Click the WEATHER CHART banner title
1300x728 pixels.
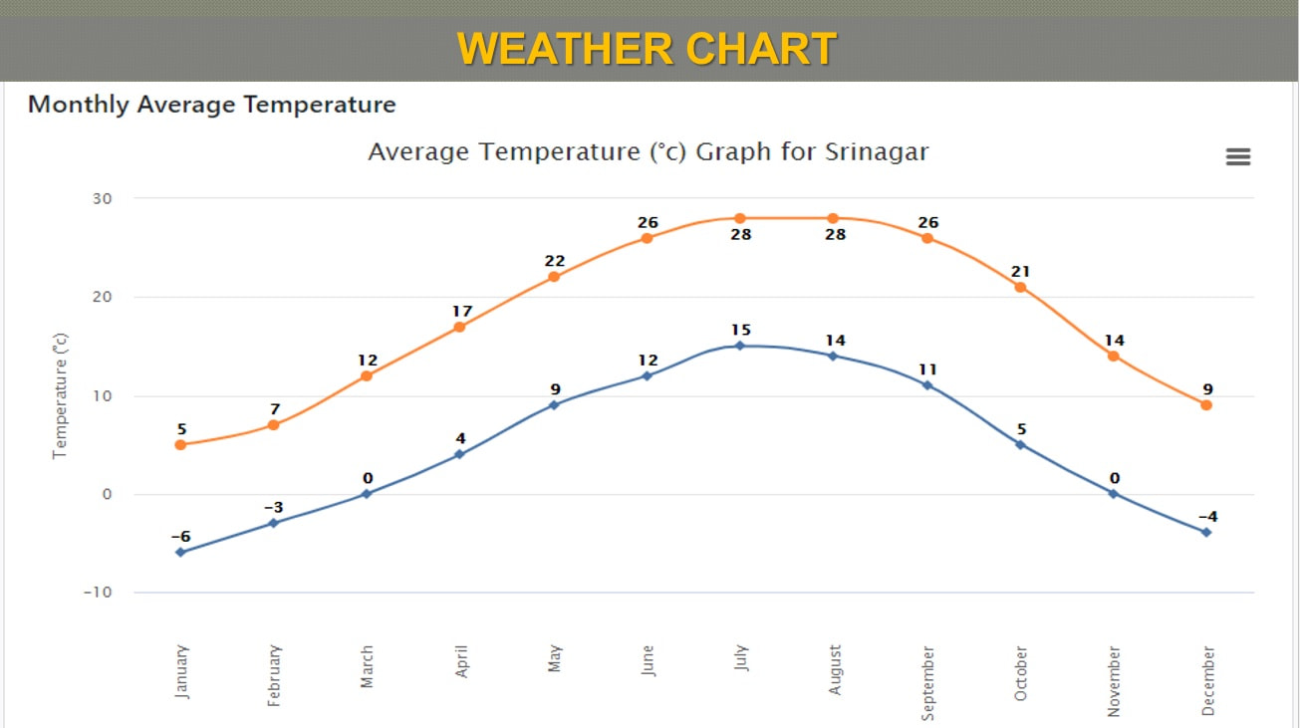coord(648,49)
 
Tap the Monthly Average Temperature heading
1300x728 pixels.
coord(211,105)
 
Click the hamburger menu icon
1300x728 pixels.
coord(1237,157)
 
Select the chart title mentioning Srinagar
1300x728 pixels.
coord(648,152)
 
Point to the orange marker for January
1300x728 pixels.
coord(180,445)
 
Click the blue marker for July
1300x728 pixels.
coord(739,346)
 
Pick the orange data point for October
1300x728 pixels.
coord(1020,287)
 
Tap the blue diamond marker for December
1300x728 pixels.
coord(1206,532)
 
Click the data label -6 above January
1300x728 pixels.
coord(180,537)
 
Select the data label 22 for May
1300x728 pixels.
coord(554,261)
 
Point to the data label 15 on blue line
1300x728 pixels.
coord(740,330)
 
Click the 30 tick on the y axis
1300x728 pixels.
coord(103,198)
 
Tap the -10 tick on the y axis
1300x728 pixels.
coord(98,593)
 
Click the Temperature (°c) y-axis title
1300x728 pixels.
coord(60,395)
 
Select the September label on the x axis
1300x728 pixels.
coord(927,682)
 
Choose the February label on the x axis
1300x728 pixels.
coord(275,675)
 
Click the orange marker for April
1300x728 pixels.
coord(460,327)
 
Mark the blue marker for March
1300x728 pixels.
coord(367,494)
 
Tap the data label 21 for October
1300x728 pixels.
coord(1020,271)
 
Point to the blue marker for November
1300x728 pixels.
coord(1113,493)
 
